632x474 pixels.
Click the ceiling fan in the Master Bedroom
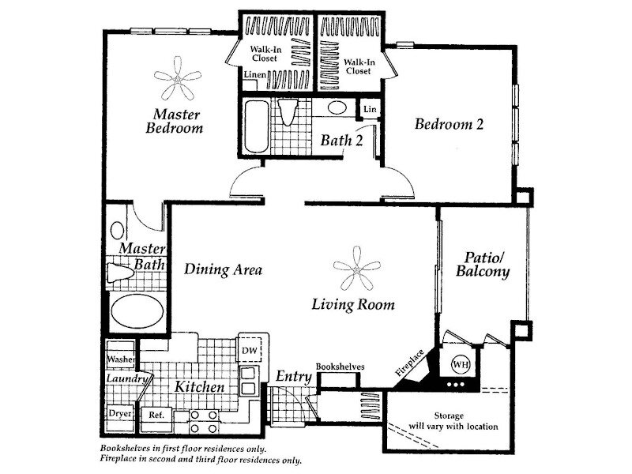[177, 79]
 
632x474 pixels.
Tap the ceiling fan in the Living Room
[357, 269]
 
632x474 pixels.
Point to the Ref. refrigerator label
[156, 414]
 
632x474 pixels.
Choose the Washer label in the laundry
[121, 359]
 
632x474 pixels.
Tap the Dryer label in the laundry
[120, 414]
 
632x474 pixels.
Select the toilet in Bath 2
[288, 111]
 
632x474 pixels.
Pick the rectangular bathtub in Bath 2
[256, 126]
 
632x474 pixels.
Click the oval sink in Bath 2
[337, 107]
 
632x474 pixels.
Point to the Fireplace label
[409, 363]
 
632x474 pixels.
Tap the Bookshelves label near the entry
[340, 367]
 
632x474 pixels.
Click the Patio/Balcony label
[483, 265]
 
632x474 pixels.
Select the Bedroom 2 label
[449, 124]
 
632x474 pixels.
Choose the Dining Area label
[223, 269]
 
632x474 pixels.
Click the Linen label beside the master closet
[255, 74]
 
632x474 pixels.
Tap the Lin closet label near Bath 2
[370, 109]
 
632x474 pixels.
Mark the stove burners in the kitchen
[204, 421]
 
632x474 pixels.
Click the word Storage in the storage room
[449, 416]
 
